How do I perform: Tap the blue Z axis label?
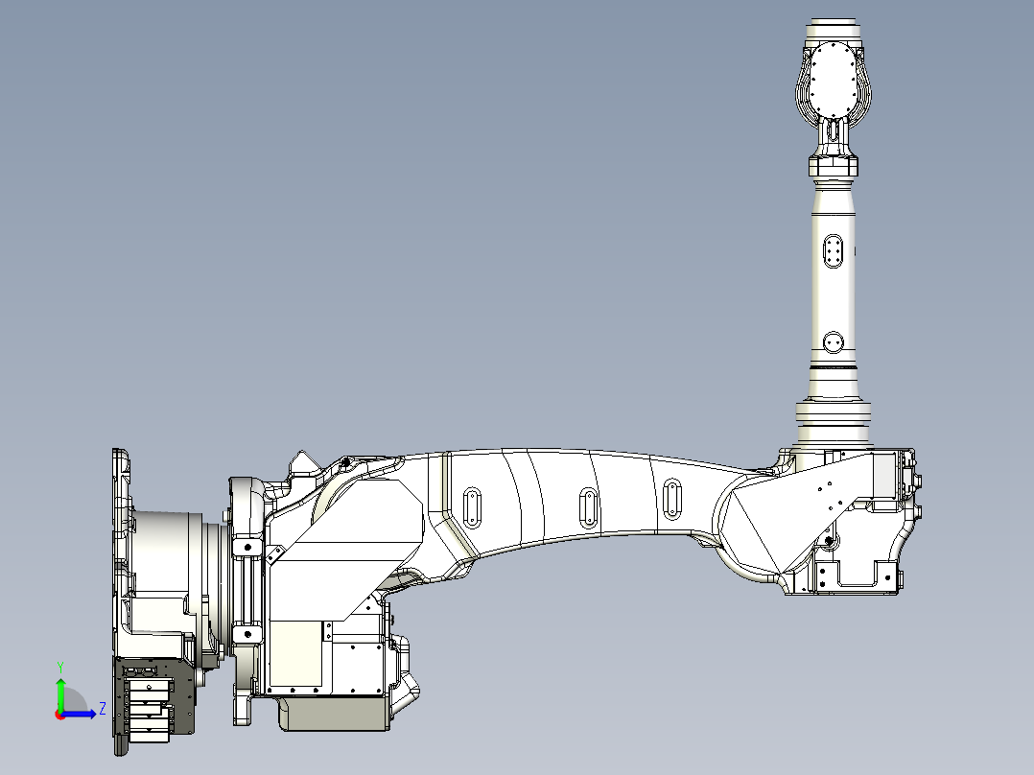102,710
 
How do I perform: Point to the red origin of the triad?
60,714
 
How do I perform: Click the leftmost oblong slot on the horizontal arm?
472,506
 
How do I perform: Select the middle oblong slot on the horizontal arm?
588,505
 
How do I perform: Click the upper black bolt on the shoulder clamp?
247,547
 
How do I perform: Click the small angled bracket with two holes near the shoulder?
274,554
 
